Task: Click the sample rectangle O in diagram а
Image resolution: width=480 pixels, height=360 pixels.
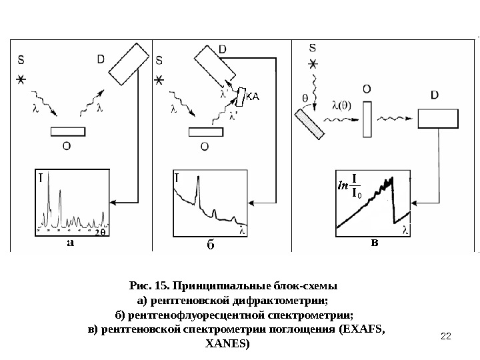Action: click(x=68, y=131)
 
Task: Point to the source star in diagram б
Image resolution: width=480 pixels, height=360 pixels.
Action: click(x=159, y=80)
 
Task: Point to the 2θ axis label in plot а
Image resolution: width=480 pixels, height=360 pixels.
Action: click(x=101, y=233)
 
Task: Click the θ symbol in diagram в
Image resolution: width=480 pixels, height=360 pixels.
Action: click(x=305, y=97)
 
